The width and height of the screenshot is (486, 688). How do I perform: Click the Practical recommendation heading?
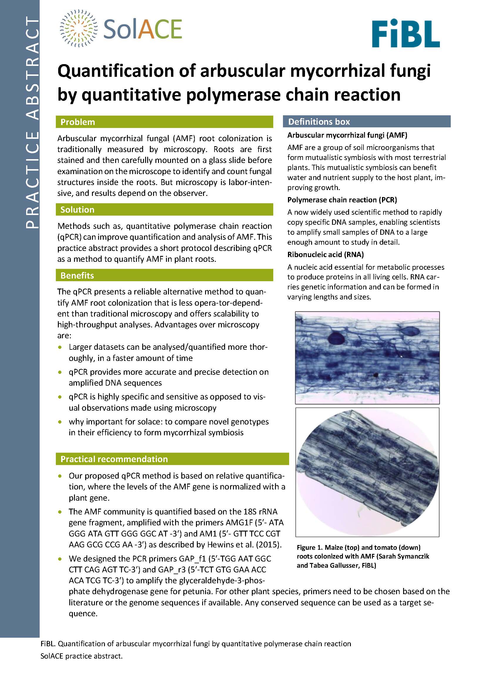tap(114, 459)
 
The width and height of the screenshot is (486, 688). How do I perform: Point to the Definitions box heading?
tap(319, 122)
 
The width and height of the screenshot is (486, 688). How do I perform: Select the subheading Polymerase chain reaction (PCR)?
tap(342, 200)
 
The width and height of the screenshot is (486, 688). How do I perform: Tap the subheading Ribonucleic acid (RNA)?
tap(326, 254)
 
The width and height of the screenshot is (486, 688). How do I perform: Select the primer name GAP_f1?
tap(193, 559)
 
